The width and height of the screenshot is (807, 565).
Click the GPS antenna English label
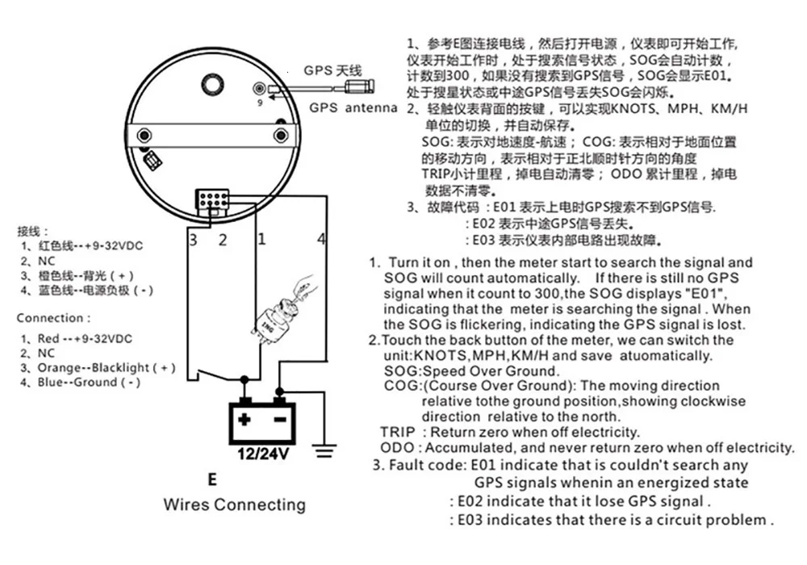pyautogui.click(x=353, y=108)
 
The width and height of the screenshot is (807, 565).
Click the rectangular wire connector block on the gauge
pyautogui.click(x=212, y=199)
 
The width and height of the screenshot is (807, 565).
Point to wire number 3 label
pyautogui.click(x=194, y=239)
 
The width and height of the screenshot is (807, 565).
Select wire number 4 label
pyautogui.click(x=321, y=239)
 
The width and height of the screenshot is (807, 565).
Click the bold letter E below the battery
pyautogui.click(x=212, y=479)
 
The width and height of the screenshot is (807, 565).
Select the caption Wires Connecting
pyautogui.click(x=234, y=505)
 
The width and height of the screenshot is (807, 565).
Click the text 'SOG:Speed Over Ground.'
pyautogui.click(x=472, y=370)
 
